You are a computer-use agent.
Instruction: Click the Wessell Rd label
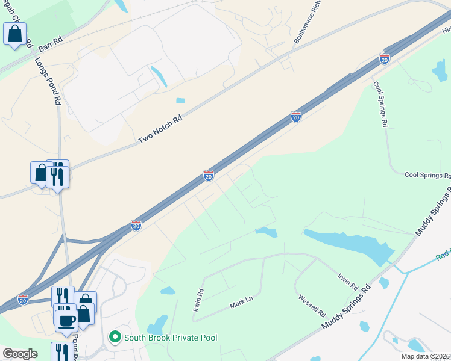point(312,306)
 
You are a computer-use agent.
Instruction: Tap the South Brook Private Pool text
point(171,338)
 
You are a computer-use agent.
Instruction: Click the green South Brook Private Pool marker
point(115,338)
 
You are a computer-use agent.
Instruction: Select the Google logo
point(20,354)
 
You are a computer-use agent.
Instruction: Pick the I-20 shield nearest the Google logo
point(23,299)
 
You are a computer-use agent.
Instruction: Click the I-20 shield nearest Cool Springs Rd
point(385,59)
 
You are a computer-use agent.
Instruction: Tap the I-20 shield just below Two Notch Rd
point(209,176)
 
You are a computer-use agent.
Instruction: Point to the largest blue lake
point(347,244)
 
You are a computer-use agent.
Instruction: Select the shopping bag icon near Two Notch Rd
point(40,173)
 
